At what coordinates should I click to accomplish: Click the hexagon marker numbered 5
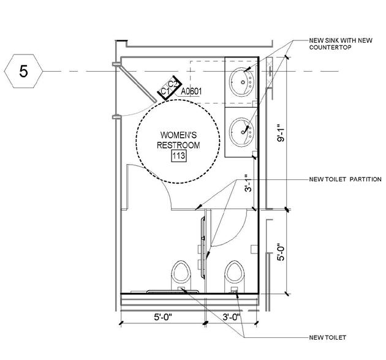[24, 71]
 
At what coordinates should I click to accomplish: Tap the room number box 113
[178, 156]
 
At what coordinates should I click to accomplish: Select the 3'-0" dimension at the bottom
[231, 317]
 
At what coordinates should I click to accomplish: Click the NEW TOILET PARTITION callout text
[346, 179]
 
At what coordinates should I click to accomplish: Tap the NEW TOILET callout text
[328, 337]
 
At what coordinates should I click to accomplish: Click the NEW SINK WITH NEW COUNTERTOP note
[341, 45]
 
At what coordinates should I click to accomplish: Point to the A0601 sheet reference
[191, 91]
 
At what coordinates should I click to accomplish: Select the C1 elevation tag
[164, 92]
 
